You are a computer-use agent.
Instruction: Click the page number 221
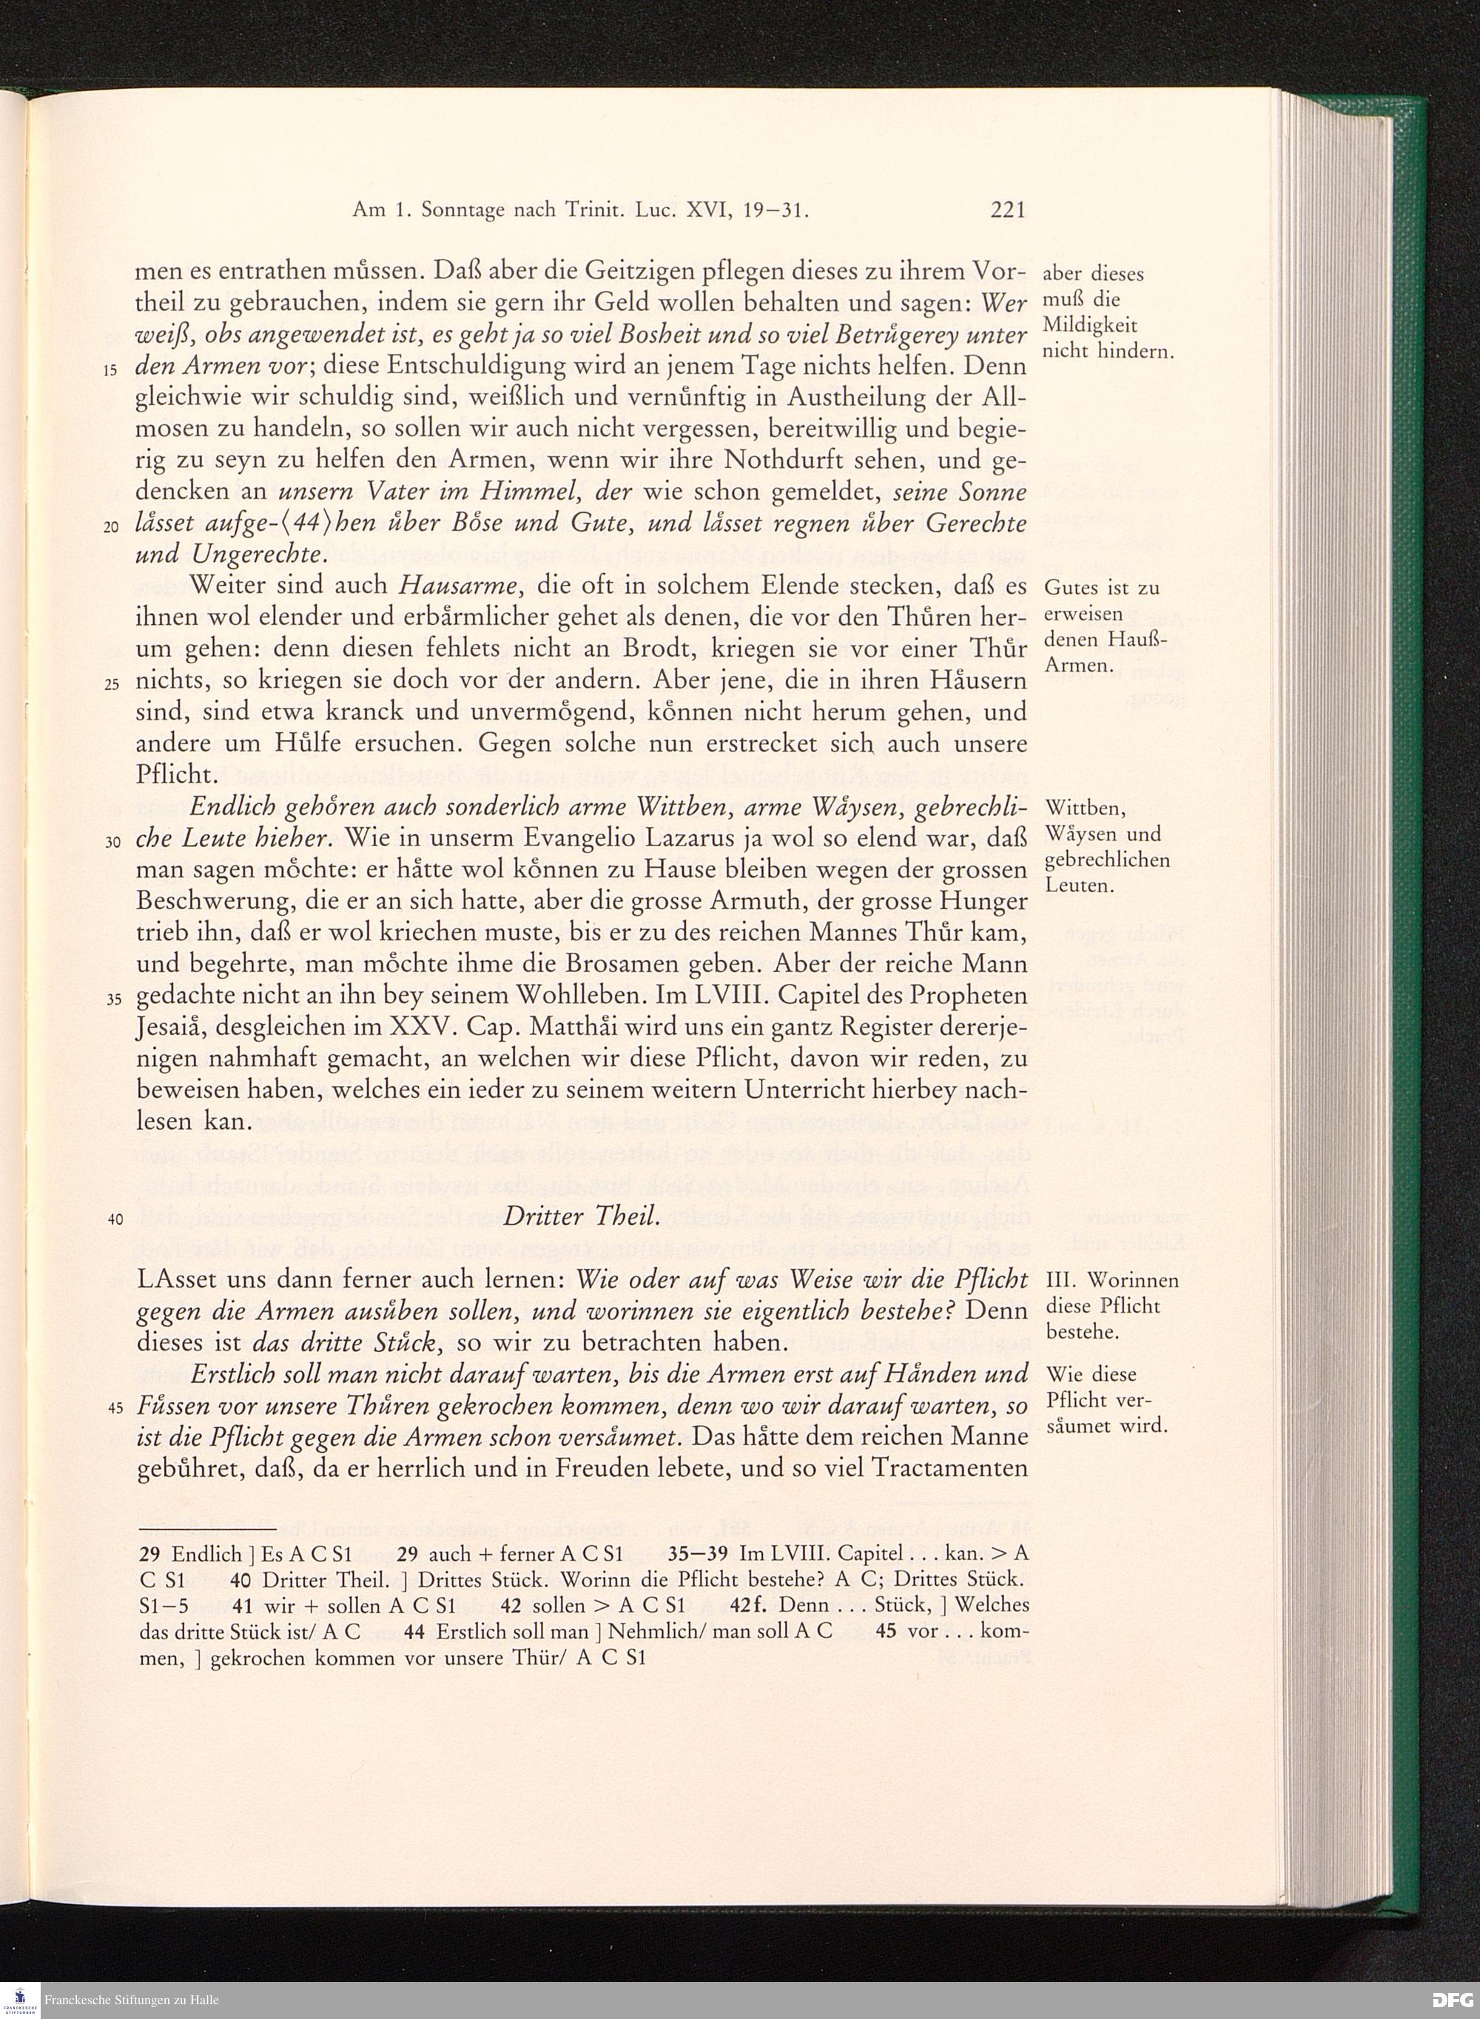click(1007, 210)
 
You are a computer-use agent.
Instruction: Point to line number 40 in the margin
click(113, 1219)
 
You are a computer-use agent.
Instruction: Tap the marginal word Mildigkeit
click(1090, 325)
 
